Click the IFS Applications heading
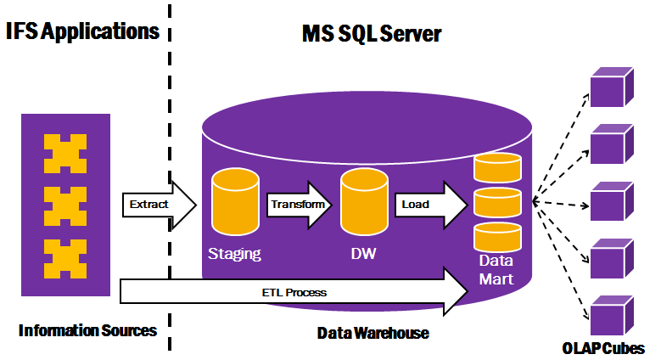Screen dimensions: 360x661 (x=82, y=31)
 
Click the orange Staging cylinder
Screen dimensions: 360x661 (x=233, y=202)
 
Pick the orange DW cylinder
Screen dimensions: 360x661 (x=364, y=202)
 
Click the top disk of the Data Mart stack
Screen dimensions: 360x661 (x=497, y=167)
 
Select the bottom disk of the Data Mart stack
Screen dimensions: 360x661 (x=497, y=237)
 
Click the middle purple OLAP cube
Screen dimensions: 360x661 (x=609, y=201)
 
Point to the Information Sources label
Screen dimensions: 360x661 (x=87, y=330)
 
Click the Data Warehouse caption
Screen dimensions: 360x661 (x=373, y=333)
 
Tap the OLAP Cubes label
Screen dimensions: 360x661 (x=603, y=348)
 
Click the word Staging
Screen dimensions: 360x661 (x=233, y=254)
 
